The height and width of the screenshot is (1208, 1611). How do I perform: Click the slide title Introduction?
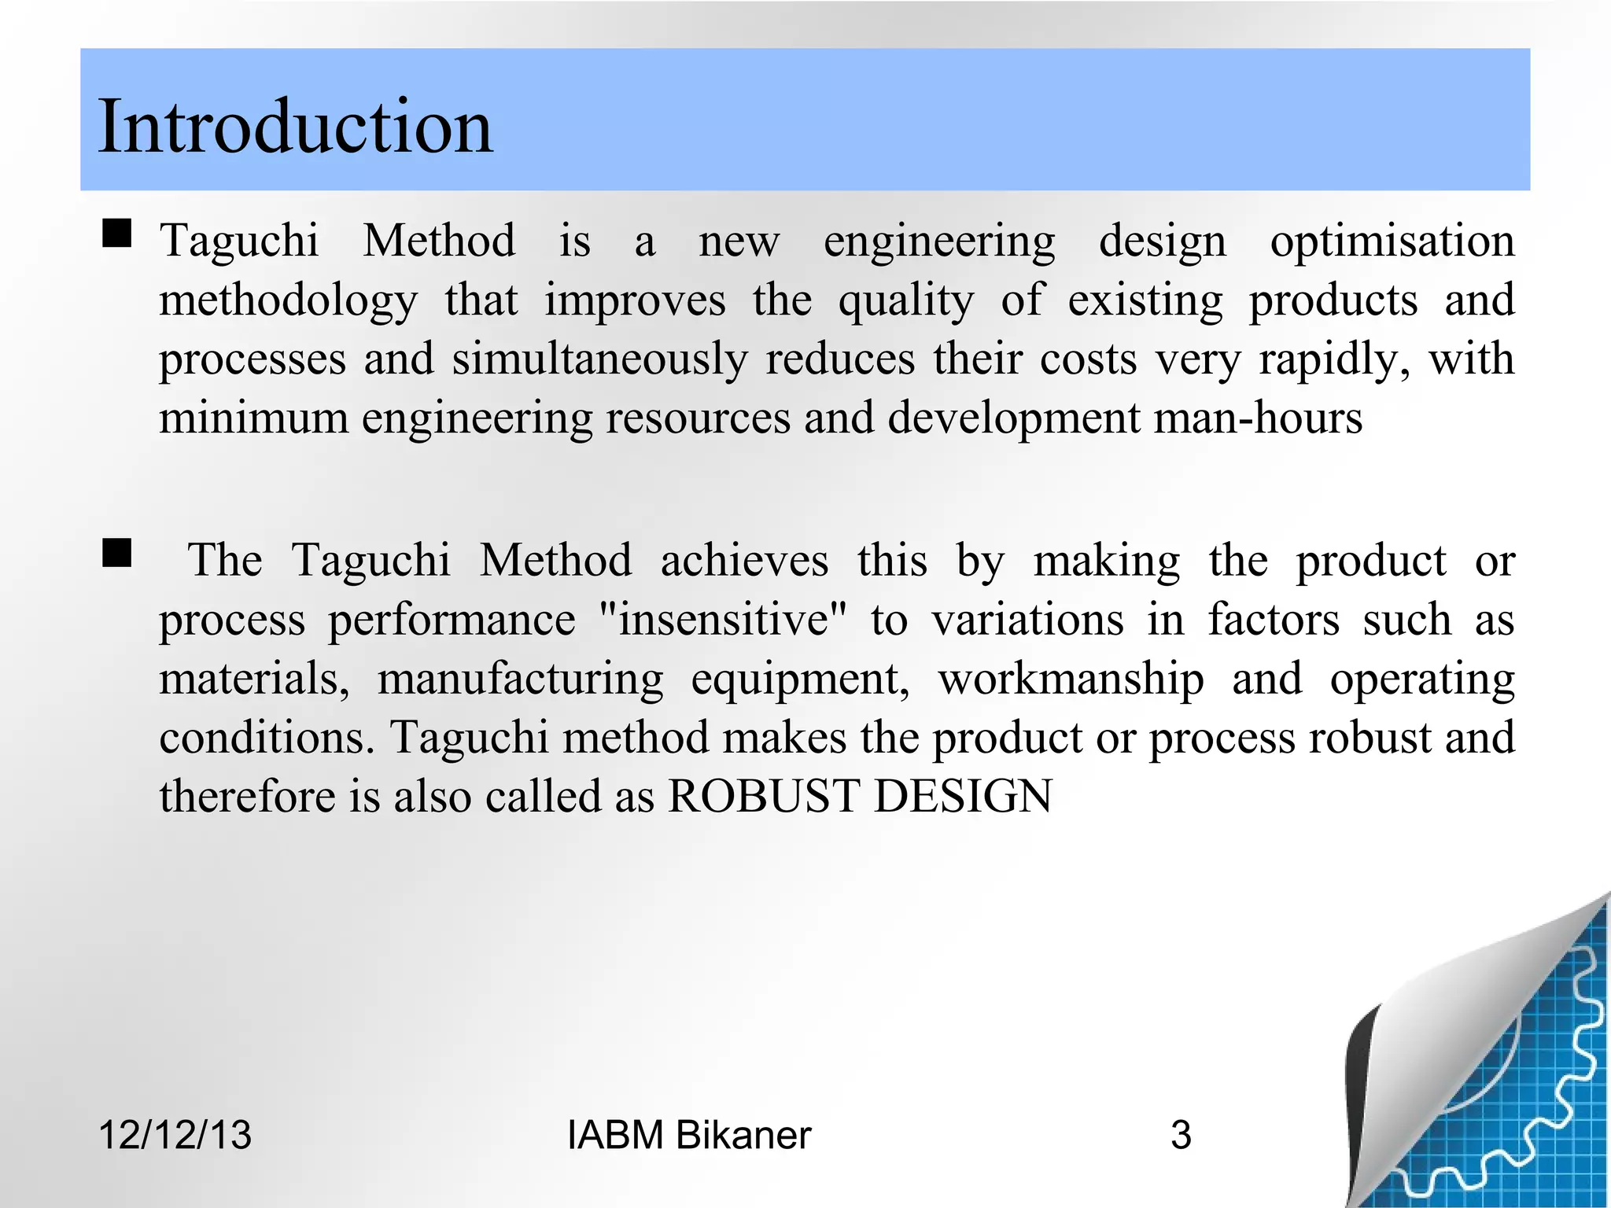tap(295, 126)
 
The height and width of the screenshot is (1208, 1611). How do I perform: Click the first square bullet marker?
tap(116, 234)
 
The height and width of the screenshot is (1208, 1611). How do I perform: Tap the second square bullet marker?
tap(116, 553)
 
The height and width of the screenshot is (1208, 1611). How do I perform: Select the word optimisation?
tap(1392, 241)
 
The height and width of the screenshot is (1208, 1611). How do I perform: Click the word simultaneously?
tap(599, 360)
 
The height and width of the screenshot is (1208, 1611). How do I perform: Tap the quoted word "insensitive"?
tap(723, 620)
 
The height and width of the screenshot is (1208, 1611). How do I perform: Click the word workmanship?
tap(1071, 679)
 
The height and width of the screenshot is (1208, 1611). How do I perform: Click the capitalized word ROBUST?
tap(763, 796)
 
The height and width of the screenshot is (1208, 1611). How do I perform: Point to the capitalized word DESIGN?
tap(963, 796)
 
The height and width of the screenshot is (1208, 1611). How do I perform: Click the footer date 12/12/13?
tap(175, 1135)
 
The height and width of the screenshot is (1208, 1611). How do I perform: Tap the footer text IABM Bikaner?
tap(688, 1135)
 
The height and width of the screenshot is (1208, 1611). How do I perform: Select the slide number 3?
tap(1181, 1135)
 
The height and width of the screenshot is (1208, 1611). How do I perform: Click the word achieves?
tap(744, 561)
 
